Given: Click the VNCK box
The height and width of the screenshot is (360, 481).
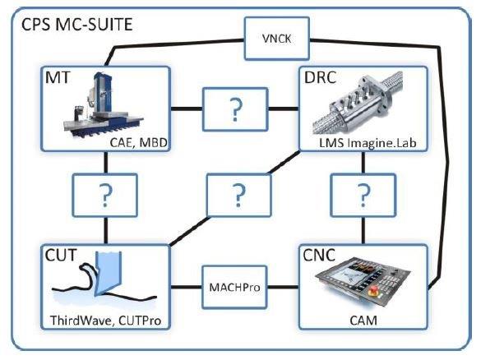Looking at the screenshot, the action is (277, 39).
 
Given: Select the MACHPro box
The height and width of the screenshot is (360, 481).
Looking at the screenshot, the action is (234, 288).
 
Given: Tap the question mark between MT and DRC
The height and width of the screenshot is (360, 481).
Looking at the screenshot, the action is (235, 109).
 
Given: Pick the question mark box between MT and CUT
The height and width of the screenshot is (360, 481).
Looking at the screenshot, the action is (105, 195).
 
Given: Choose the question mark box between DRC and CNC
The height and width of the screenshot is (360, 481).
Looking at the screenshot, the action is (363, 195).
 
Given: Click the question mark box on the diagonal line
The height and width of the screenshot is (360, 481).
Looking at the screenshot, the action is (239, 195).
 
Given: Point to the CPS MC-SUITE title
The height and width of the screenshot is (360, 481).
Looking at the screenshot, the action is (77, 24).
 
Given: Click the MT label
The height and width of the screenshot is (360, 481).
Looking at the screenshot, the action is (58, 77).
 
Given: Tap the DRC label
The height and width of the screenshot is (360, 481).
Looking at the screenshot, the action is (320, 77).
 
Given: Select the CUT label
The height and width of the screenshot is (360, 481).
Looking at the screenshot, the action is (61, 255).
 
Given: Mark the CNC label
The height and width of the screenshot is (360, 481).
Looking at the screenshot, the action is (319, 255).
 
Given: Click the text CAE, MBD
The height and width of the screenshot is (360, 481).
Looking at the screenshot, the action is (138, 142).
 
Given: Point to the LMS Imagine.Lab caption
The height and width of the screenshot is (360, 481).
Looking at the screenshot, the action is (368, 143).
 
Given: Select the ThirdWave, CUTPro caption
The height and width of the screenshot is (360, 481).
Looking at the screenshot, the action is (105, 321).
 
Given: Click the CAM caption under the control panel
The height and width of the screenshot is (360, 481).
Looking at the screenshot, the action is (363, 321).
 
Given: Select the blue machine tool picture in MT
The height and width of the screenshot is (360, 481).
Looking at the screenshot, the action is (104, 106).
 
